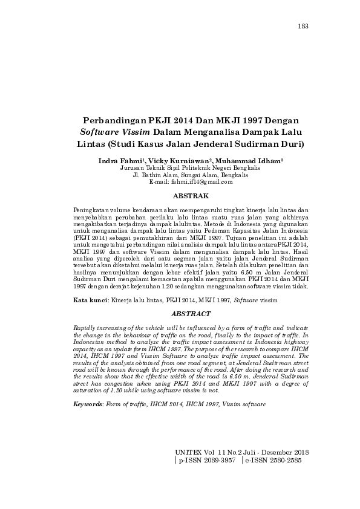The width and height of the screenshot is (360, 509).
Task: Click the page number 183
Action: tap(304, 26)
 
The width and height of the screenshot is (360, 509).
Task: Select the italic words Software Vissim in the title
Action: tap(116, 133)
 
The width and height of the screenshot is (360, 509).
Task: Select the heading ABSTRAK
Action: tap(191, 196)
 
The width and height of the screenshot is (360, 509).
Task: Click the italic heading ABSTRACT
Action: tap(191, 314)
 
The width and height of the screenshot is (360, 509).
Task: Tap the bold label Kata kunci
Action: tap(90, 300)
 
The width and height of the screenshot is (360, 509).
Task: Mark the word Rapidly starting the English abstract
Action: tap(84, 326)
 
